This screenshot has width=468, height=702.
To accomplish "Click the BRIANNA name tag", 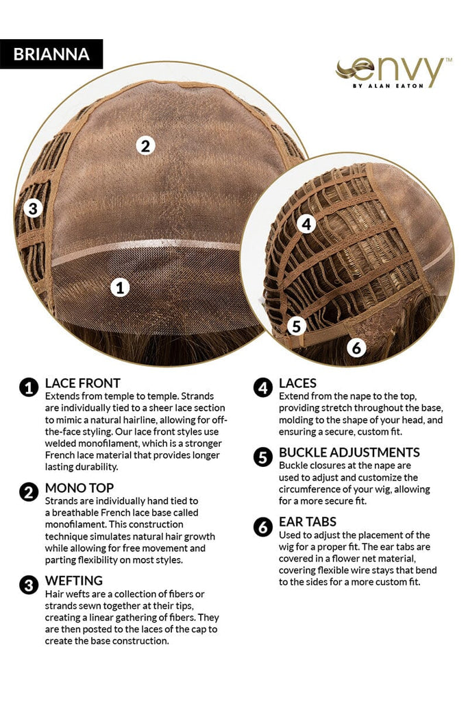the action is point(51,54).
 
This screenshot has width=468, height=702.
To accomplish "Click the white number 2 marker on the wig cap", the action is point(145,146).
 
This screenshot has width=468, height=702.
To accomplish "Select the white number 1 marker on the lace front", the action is point(120,287).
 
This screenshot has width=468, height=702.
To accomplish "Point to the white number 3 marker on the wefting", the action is point(33,208).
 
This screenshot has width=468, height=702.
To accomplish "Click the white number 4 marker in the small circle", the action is point(306,224).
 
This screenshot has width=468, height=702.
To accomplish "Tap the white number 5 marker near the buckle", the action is point(296,326).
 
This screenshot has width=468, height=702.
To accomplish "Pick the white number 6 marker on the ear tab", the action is point(356,348).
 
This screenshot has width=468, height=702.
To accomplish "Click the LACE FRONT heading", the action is point(83,383).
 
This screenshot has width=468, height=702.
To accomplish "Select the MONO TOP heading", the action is point(79,488).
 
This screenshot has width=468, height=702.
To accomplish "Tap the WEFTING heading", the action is point(74,581).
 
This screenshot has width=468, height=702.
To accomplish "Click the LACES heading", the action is point(297,383).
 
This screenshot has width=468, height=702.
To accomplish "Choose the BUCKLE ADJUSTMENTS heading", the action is point(349,452).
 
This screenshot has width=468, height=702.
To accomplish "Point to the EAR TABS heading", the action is point(308,522).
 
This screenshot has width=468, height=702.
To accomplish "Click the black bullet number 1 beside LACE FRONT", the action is point(29,388).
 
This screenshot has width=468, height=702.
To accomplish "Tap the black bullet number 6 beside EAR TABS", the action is point(263,527).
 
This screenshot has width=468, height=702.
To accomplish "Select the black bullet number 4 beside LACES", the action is point(263,388).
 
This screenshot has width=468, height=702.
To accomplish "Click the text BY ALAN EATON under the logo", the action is point(388,86).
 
